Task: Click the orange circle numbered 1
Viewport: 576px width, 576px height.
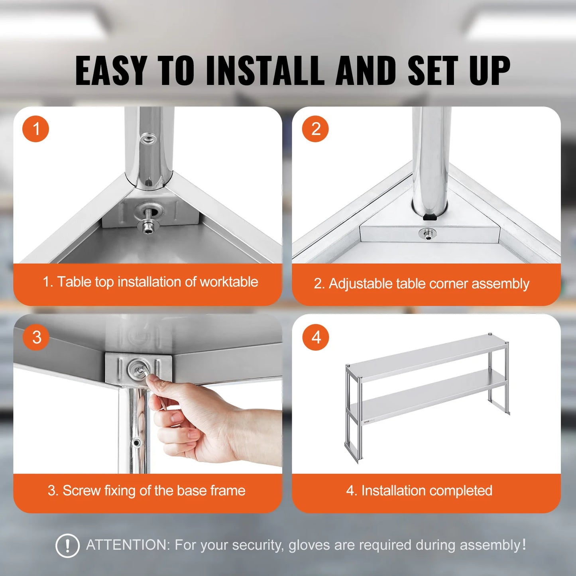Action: click(x=35, y=129)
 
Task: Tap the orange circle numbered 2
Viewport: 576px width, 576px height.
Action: click(x=315, y=129)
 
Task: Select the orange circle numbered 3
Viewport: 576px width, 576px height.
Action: click(x=36, y=337)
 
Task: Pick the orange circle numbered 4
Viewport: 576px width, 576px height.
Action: click(x=315, y=337)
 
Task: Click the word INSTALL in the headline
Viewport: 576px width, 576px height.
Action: click(x=265, y=71)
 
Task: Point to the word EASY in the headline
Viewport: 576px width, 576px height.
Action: click(x=111, y=71)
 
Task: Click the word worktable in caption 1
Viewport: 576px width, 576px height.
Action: click(x=229, y=282)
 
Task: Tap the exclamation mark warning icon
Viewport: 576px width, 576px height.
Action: click(x=67, y=545)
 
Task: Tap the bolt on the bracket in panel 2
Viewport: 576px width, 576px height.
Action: click(x=427, y=234)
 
